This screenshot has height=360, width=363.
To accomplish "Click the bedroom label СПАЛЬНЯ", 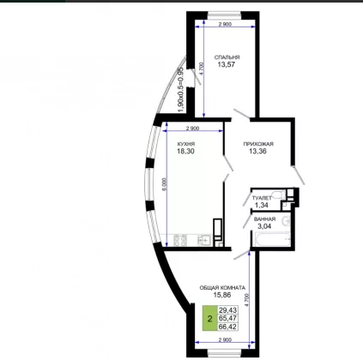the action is point(227,57).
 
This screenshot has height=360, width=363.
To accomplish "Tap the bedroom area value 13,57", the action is point(226,64).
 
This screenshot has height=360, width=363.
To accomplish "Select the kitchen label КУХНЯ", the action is point(186,144).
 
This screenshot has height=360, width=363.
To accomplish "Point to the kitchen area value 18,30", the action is point(185,152).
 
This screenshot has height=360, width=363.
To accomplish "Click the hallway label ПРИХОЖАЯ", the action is point(258,144).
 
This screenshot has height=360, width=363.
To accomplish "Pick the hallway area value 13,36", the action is point(257,152).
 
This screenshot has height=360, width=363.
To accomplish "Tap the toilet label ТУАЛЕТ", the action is point(262,198).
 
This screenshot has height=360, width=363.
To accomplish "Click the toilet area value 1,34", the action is point(262,205).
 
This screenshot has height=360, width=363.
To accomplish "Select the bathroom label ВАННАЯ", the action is point(264,219).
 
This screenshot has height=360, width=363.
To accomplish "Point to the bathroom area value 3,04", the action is point(264,226).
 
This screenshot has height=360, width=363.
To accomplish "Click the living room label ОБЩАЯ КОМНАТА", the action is point(222,288).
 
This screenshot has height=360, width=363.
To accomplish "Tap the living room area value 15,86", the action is point(222,295).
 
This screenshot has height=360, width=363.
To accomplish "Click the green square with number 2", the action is point(210,319).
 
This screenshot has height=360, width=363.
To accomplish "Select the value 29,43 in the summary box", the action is point(227,310).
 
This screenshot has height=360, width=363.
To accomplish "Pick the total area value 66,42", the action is point(227,327).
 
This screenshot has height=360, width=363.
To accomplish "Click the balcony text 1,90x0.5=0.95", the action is point(180,90).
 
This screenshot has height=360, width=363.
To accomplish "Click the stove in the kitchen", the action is point(180,240).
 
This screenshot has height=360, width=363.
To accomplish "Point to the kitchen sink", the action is point(204,240).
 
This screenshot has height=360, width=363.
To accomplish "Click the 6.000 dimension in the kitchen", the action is point(164,184).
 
